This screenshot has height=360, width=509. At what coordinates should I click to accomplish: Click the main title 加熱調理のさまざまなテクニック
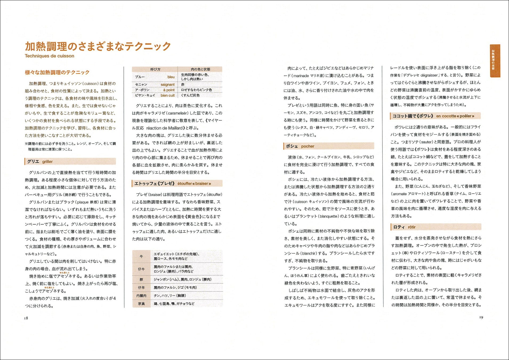98,46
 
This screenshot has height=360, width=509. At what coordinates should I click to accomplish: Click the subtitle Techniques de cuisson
49,56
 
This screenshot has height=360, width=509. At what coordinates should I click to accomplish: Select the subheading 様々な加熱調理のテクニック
57,72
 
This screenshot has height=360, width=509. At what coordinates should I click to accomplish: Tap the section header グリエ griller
40,161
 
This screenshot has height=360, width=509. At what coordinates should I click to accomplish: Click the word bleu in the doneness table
171,77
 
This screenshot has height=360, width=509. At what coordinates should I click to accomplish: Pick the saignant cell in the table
167,85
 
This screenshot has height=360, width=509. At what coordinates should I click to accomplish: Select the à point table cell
169,90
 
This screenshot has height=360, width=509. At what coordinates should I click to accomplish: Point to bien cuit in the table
167,95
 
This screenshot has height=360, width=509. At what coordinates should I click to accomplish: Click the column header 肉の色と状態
200,69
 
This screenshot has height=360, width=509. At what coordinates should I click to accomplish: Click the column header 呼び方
155,69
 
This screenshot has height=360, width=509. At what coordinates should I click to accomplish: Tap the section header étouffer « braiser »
194,183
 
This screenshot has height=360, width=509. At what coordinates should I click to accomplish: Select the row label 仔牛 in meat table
141,269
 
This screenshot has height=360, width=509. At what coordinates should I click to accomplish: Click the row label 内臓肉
141,295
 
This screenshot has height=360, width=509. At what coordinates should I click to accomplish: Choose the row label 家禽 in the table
141,303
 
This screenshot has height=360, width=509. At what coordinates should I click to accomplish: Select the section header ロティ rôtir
404,227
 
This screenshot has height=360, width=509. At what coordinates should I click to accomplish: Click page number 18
26,318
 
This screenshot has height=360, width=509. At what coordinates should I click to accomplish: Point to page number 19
481,317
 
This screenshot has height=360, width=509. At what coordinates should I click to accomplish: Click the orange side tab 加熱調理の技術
495,61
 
